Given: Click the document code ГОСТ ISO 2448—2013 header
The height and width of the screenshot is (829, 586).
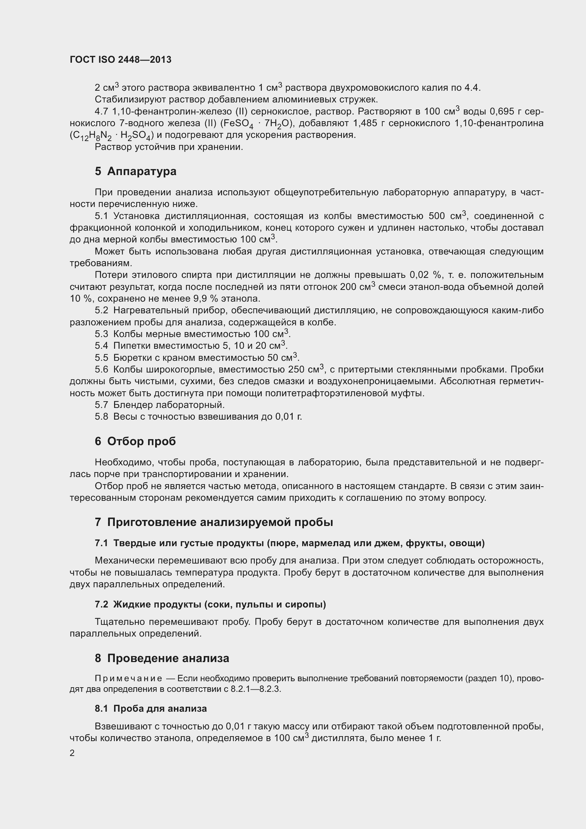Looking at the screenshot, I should click(x=120, y=60).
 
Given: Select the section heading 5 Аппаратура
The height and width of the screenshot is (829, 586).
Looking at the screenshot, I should click(x=136, y=171).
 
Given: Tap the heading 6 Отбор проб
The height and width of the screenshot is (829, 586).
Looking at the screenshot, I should click(x=135, y=441).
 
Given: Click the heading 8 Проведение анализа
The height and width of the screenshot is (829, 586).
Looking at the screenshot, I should click(x=162, y=658).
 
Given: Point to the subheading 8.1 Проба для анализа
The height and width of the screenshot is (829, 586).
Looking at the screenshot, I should click(x=151, y=708).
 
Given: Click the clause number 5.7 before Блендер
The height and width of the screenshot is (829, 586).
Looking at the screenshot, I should click(x=101, y=405).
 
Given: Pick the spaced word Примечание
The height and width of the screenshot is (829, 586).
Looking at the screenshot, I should click(x=129, y=678).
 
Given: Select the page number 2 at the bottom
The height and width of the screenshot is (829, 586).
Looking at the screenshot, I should click(x=72, y=753).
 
